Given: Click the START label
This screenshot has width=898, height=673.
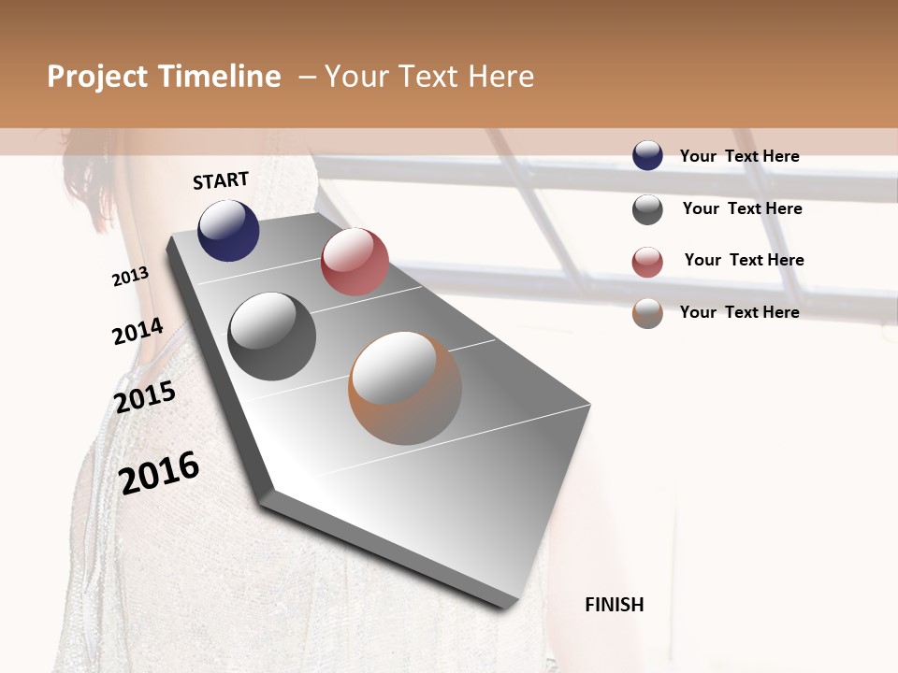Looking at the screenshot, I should [221, 180].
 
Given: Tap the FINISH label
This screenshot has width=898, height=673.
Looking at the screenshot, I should [615, 605].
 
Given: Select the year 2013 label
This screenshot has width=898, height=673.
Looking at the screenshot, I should [130, 277].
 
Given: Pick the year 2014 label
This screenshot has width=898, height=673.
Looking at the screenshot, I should [138, 332].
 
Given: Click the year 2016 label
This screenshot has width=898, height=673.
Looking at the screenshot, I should [159, 472].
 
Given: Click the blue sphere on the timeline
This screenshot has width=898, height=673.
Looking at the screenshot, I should [228, 230].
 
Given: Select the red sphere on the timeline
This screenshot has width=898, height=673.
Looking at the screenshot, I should [355, 262].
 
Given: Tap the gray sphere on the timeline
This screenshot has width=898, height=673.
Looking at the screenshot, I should [272, 336].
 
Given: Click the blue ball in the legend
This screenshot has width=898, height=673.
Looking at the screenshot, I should [647, 155].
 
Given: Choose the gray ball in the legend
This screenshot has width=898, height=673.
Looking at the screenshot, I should [647, 209].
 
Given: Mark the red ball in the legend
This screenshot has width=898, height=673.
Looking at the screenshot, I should [647, 262].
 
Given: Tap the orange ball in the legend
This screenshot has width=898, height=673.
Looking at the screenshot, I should [647, 313].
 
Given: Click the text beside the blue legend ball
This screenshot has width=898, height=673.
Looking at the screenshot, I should [739, 156].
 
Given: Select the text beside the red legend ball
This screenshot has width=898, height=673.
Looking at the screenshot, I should [744, 260].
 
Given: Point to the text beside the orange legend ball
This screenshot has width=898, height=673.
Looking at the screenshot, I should [739, 312].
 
